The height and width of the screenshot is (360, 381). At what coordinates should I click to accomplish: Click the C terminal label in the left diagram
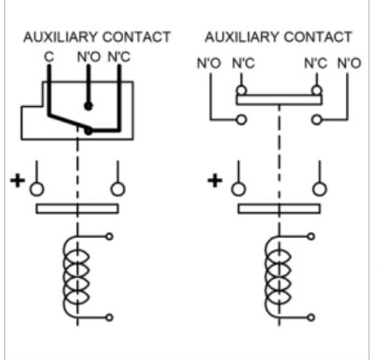point(49,57)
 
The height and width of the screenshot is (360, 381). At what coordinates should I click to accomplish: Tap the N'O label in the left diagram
point(89,57)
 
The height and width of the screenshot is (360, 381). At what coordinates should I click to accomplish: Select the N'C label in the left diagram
point(119,57)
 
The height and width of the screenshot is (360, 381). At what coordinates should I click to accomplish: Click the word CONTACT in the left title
point(136,37)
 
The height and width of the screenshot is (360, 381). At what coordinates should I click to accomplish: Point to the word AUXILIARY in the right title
point(242,37)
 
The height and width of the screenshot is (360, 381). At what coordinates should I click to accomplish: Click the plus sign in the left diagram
point(17,180)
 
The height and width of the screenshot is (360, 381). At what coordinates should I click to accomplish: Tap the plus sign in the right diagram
point(215,180)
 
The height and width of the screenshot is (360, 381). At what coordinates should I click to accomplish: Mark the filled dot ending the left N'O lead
point(88,106)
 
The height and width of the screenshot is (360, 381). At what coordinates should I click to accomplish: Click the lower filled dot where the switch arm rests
point(88,131)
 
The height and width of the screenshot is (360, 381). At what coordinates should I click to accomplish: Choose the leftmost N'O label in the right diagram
point(209,63)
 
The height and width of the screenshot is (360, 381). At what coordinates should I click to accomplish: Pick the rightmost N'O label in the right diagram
point(349,63)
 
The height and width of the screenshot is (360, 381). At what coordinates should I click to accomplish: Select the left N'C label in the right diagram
point(243,63)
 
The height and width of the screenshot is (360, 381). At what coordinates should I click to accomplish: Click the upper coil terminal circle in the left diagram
point(110,236)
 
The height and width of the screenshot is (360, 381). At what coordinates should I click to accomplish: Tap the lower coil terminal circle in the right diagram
point(311,317)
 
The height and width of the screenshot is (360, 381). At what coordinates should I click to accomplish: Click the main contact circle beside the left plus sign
point(37,189)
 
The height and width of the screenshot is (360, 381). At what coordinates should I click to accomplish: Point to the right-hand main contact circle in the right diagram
point(319,189)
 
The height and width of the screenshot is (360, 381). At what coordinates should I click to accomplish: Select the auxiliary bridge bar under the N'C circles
point(279,100)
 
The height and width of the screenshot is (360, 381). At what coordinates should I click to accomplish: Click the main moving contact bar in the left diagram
point(77,209)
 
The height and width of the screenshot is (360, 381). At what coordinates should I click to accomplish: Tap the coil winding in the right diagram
point(277,276)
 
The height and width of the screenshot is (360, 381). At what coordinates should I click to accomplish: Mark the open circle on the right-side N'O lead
point(317,120)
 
